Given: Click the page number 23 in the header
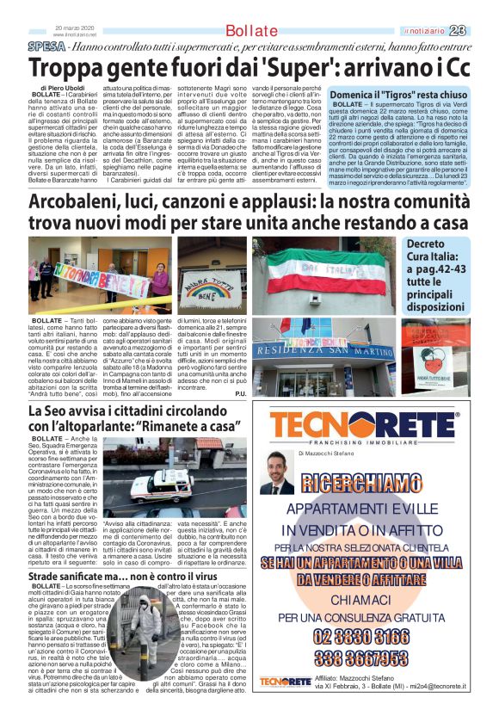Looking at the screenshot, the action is (482, 31).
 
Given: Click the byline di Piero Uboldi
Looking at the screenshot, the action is (63, 89).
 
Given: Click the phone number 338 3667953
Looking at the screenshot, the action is (373, 658).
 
